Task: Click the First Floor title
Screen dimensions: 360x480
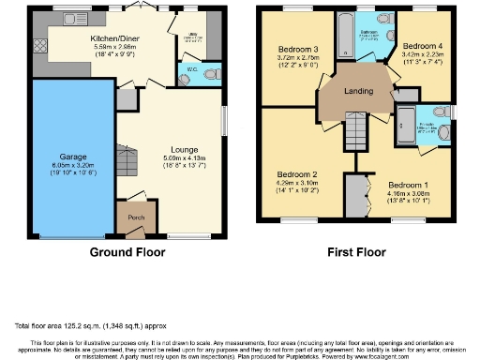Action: (357, 253)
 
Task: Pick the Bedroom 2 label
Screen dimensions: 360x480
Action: (295, 174)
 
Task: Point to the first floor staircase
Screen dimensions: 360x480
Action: (354, 129)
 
